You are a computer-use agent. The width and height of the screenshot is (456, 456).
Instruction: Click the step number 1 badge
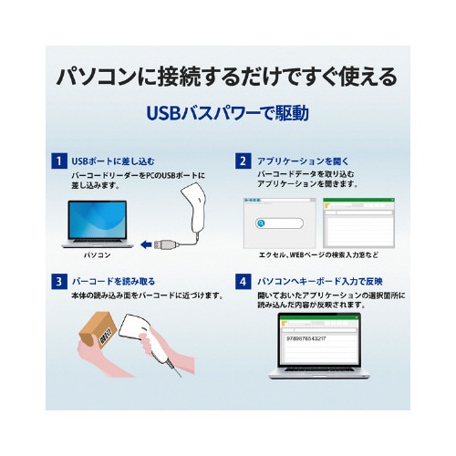59,161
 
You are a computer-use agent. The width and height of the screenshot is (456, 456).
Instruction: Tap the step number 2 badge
244,161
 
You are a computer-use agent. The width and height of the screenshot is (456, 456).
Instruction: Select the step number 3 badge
59,282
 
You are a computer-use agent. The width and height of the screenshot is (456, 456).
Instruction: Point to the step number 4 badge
244,282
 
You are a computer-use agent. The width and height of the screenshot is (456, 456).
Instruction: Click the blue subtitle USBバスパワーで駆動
227,114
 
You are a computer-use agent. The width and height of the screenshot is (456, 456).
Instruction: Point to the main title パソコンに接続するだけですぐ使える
227,76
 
